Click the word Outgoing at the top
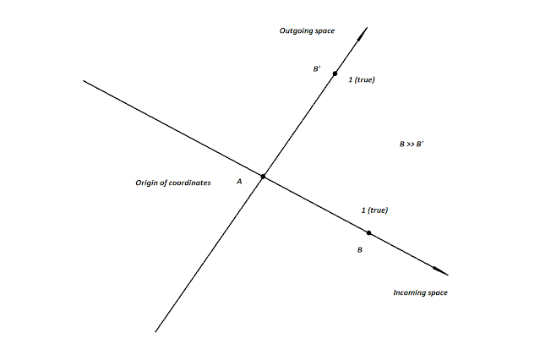pos(293,31)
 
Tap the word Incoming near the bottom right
pos(410,292)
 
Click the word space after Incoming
pos(437,292)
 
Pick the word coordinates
pos(189,183)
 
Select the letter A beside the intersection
pos(239,182)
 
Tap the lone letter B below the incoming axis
pos(359,250)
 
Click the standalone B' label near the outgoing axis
pos(317,69)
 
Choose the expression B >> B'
pos(411,145)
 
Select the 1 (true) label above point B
pos(374,209)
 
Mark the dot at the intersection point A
pos(264,177)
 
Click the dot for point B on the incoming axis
pos(368,232)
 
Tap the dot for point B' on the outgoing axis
pos(335,74)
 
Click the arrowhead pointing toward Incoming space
pos(440,271)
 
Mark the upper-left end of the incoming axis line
pos(84,81)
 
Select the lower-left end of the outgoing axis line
pos(156,331)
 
